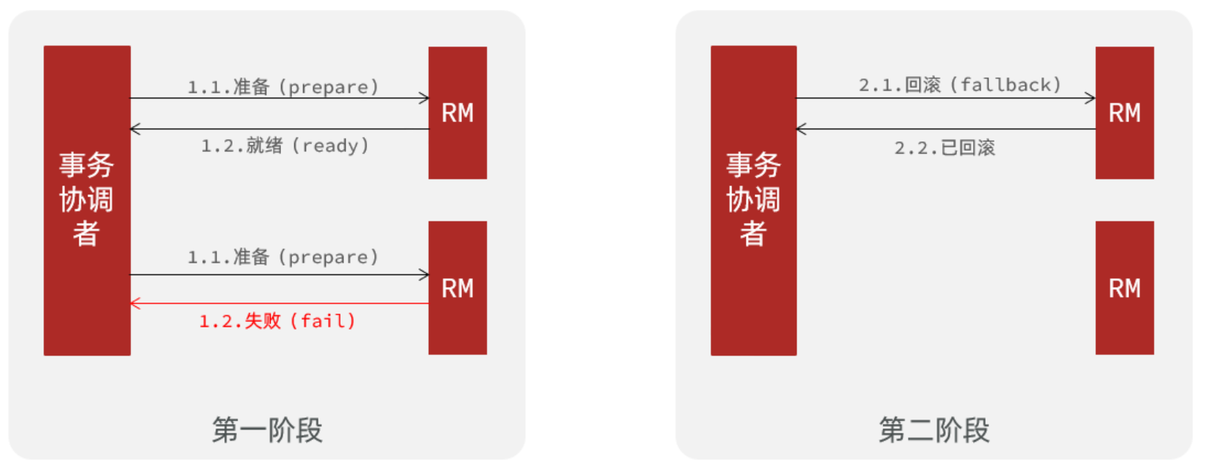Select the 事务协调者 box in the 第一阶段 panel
87,200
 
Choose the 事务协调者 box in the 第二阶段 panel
753,200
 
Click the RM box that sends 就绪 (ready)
458,113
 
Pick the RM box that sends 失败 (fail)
458,288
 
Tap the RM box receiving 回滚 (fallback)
1124,113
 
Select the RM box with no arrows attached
1124,288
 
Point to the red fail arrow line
280,303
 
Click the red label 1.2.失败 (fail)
277,322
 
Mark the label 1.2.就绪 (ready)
285,146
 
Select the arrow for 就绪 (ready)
280,129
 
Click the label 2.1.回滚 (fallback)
960,85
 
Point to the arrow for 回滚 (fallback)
946,98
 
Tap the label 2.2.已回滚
944,148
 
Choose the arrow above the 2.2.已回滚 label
946,129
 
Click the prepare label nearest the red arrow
283,257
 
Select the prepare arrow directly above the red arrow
280,275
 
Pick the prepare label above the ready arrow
283,87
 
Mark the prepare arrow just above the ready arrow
280,98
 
